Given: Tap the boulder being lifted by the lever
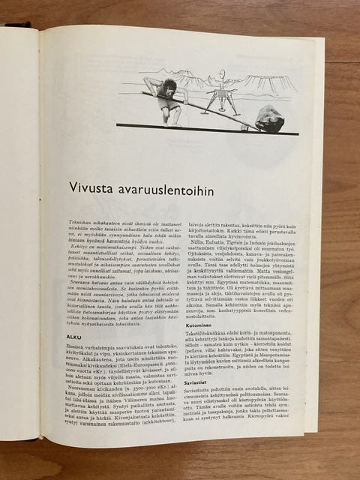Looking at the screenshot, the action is click(x=268, y=118).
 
